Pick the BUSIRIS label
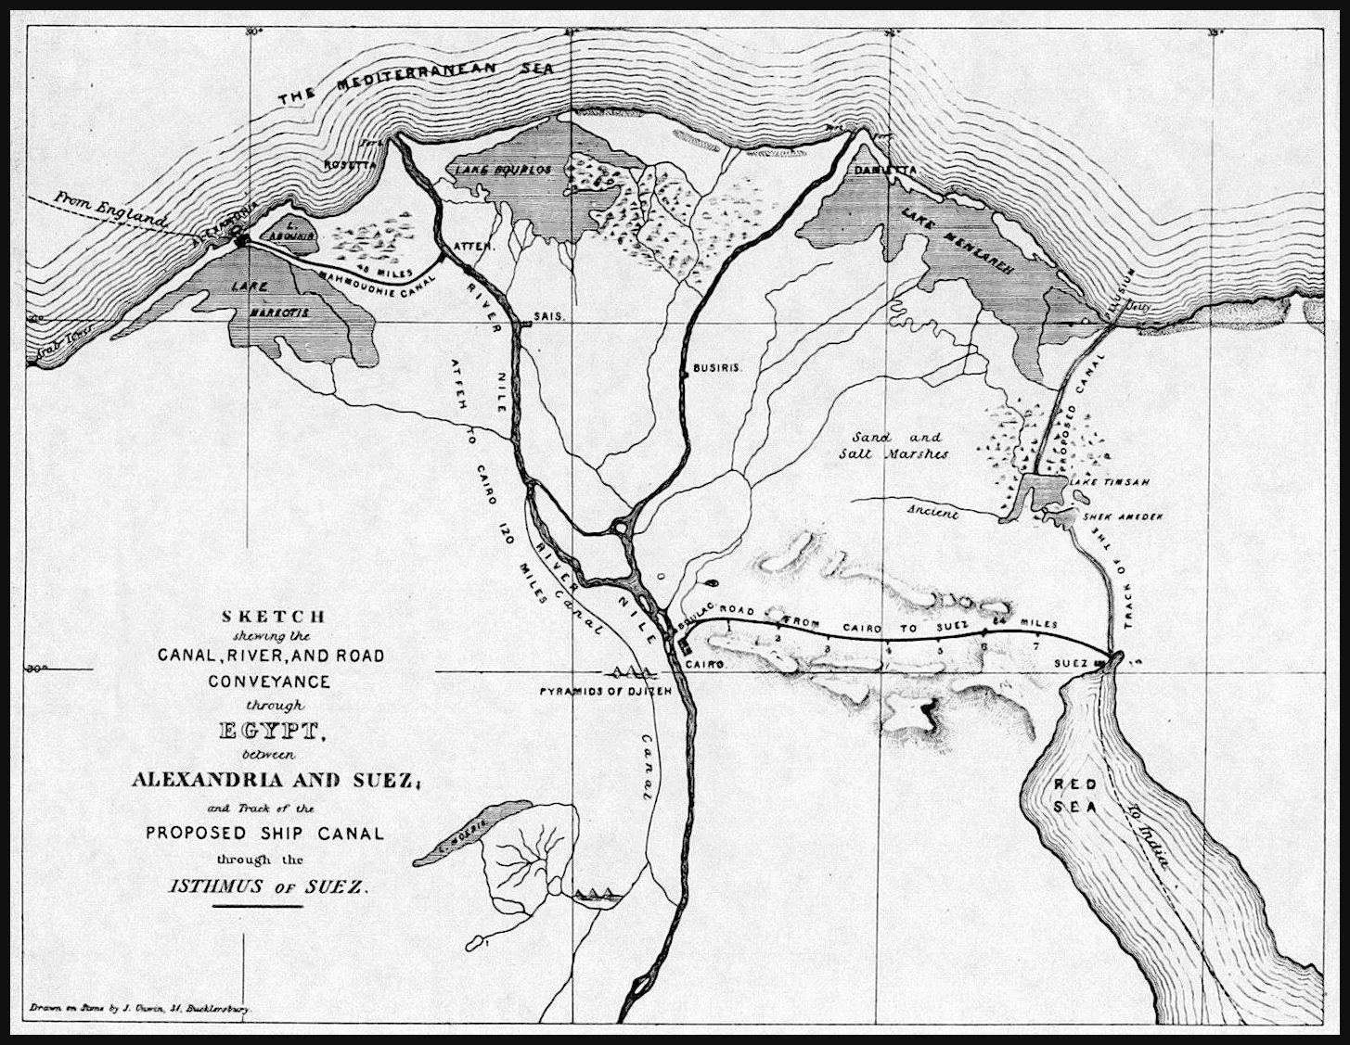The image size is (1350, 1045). click(719, 368)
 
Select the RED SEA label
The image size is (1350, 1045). click(1074, 796)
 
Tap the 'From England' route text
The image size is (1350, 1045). click(109, 209)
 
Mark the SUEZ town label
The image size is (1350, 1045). click(1072, 664)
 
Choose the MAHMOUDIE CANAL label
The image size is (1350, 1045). click(361, 279)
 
